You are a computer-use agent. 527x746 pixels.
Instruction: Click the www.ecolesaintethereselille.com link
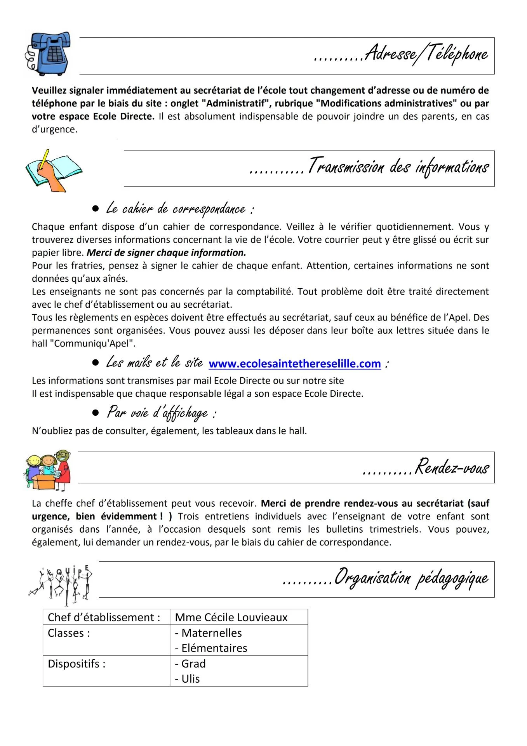tap(294, 364)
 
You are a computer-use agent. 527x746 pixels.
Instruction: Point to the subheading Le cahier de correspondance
tap(180, 209)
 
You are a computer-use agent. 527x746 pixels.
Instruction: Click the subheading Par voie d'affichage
tap(161, 413)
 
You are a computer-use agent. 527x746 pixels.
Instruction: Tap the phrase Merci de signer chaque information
tap(166, 253)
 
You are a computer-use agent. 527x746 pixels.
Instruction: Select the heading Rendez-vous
tap(451, 467)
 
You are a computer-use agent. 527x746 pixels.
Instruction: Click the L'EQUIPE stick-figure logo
tap(62, 584)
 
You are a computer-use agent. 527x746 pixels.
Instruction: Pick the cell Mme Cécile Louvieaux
tap(231, 617)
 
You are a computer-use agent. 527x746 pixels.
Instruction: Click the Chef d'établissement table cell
tap(104, 617)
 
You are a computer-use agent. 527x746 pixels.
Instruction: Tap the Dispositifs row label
tap(77, 664)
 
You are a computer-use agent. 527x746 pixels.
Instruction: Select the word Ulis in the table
tap(190, 679)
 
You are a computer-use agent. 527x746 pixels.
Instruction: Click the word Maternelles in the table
tap(212, 633)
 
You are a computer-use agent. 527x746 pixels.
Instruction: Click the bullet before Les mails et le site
tap(95, 363)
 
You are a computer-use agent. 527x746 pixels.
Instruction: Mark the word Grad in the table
tap(193, 664)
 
